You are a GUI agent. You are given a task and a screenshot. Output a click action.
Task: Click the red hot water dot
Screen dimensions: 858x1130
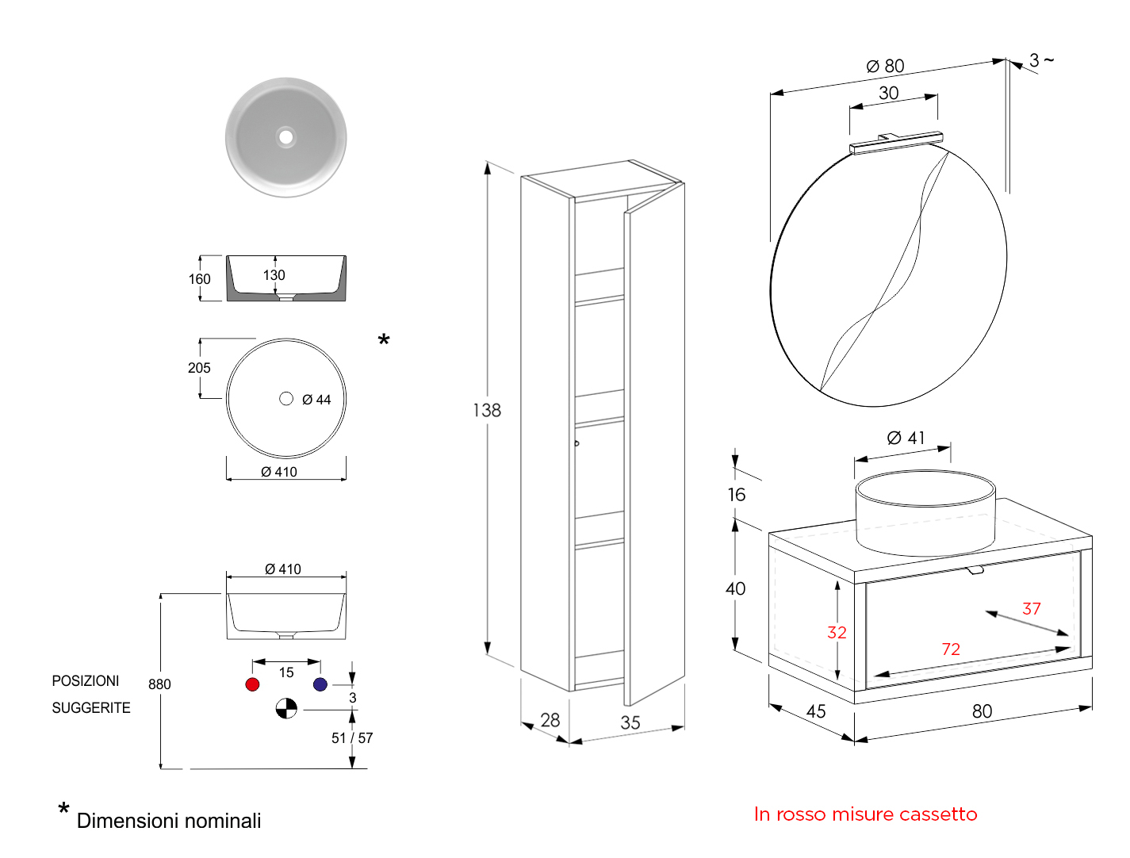click(252, 684)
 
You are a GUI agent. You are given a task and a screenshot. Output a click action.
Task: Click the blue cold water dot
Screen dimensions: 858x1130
click(320, 684)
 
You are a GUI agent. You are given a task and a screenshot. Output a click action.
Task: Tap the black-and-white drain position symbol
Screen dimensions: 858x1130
click(286, 708)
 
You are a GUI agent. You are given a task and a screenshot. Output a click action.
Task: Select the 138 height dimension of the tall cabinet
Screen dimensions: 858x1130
click(487, 410)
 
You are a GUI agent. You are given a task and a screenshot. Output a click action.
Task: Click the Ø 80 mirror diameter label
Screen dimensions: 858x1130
click(885, 66)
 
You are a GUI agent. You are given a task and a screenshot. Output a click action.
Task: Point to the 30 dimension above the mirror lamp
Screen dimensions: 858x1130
click(889, 93)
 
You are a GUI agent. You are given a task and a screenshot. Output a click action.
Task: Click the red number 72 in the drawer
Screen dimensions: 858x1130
click(951, 649)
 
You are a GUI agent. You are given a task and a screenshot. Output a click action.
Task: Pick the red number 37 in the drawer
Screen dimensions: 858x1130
click(1031, 608)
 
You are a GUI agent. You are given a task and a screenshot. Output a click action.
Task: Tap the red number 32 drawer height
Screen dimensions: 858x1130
click(837, 632)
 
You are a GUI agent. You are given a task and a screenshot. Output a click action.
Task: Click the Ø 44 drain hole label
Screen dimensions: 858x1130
click(316, 400)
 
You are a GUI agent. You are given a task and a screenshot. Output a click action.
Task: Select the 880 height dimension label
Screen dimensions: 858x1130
click(159, 684)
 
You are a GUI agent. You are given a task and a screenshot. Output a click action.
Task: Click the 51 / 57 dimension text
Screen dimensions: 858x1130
click(352, 737)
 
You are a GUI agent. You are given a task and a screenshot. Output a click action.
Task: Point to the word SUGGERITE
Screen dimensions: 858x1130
click(91, 707)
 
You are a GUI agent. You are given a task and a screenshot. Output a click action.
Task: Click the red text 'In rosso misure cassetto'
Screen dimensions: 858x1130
click(865, 814)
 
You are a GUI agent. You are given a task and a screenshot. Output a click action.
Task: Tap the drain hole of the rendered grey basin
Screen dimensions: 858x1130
click(285, 137)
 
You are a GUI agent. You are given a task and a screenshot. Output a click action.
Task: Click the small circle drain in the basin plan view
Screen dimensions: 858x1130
click(286, 398)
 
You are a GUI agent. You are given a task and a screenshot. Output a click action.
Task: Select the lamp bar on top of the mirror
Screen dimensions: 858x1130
click(896, 143)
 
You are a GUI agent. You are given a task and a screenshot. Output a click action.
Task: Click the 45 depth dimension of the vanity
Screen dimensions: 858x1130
click(816, 711)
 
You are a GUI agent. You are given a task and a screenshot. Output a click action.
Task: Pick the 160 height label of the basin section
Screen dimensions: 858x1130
click(199, 278)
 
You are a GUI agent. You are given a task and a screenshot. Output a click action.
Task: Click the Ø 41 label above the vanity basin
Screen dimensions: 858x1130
click(906, 438)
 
